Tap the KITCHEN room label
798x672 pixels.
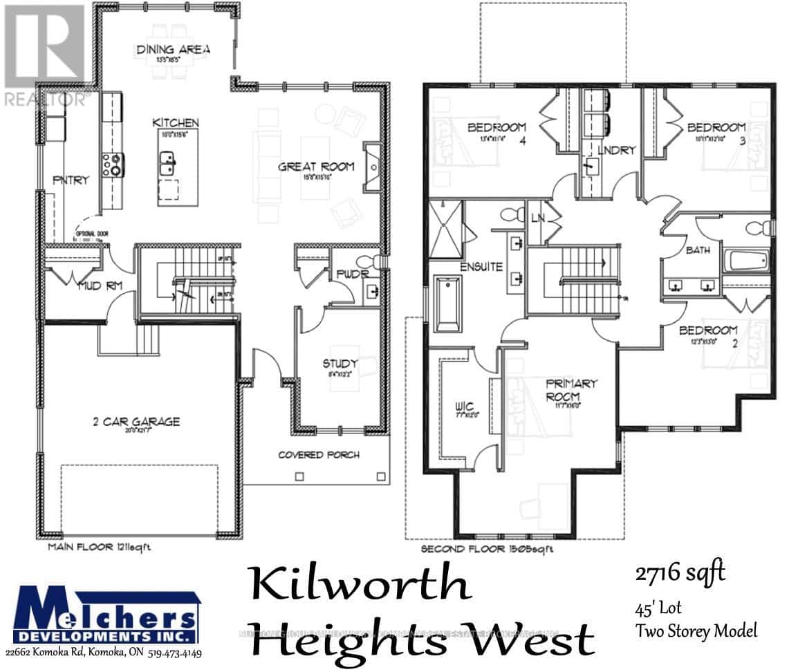pyautogui.click(x=176, y=123)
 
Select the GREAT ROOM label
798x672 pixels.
pyautogui.click(x=316, y=167)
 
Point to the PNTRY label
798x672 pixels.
pyautogui.click(x=71, y=180)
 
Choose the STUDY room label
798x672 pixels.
pyautogui.click(x=340, y=364)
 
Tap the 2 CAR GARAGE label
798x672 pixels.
pyautogui.click(x=137, y=421)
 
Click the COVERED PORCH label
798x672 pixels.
pyautogui.click(x=319, y=455)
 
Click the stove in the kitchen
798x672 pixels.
pyautogui.click(x=112, y=163)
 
